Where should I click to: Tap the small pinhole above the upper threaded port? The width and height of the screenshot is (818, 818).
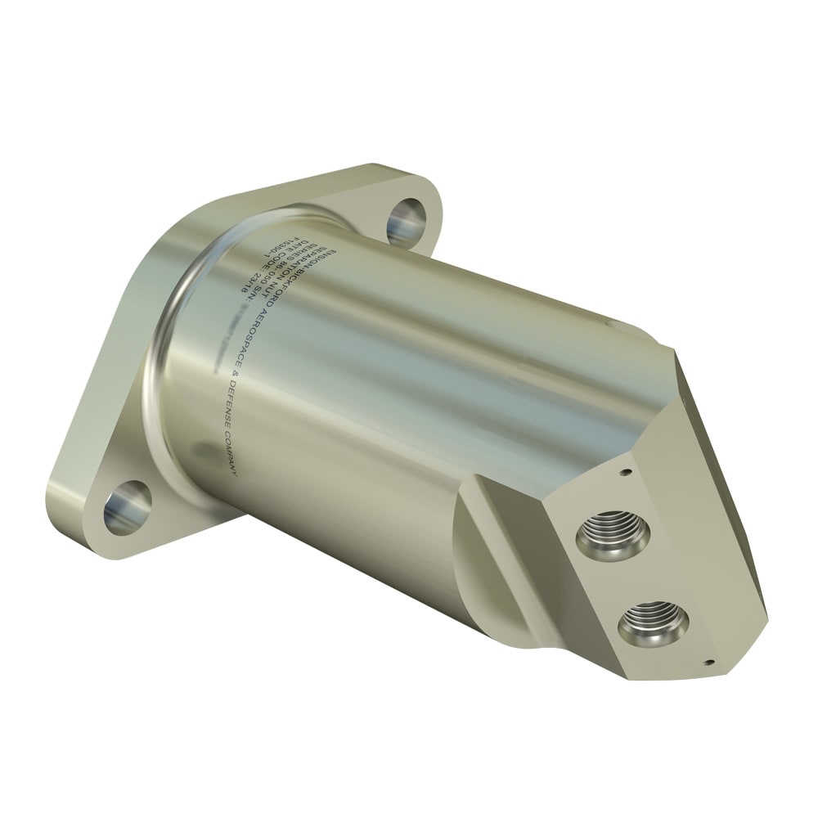point(624,472)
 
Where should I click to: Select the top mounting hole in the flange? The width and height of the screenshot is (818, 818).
point(407,216)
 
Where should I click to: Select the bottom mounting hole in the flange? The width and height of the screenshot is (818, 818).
point(128,507)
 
